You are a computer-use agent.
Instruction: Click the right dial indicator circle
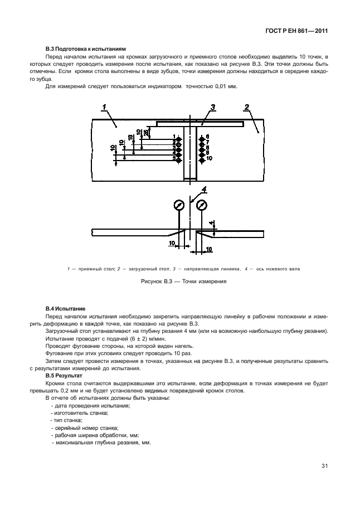coord(201,205)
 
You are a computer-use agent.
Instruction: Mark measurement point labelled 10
coord(201,158)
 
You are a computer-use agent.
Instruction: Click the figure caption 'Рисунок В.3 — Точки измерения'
coord(183,282)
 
